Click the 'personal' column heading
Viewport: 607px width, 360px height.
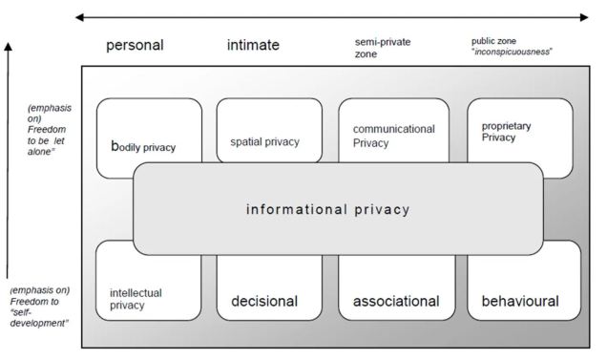point(136,45)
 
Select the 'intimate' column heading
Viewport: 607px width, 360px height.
point(254,45)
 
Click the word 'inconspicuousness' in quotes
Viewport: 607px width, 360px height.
point(513,52)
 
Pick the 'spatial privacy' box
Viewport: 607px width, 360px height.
point(264,140)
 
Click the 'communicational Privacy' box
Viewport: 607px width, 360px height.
point(393,134)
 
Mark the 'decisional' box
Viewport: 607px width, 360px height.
point(264,301)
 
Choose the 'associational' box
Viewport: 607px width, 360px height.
point(396,301)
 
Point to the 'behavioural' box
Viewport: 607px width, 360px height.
point(519,301)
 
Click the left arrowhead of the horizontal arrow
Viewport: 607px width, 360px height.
point(79,16)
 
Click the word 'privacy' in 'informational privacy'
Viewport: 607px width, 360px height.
point(382,209)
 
